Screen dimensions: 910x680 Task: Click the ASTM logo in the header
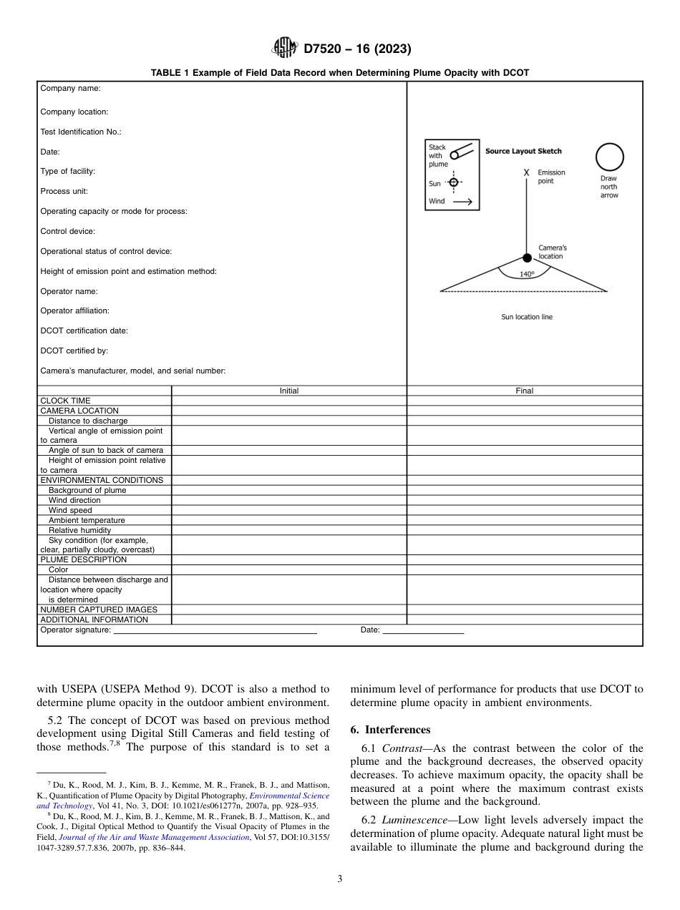pos(285,49)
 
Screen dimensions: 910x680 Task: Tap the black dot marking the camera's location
pos(527,258)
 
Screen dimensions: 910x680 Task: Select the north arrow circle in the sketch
pos(610,157)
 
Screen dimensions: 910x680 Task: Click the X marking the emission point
pos(527,173)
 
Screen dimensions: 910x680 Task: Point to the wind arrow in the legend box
pos(462,202)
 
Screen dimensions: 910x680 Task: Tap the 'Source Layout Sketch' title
pos(523,151)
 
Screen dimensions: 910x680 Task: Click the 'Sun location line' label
pos(527,317)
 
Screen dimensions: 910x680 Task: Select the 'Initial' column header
pos(289,391)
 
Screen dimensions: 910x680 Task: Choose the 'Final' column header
pos(525,391)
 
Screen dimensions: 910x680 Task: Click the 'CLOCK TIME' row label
pos(65,401)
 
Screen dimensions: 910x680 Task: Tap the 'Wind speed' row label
pos(70,510)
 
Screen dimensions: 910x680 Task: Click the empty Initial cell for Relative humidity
pos(289,530)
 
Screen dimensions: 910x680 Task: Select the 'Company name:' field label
pos(70,88)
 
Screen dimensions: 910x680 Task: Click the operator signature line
pos(215,632)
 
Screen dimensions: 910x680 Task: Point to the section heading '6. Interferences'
pos(390,730)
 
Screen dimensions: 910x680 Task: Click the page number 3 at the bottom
pos(340,879)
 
